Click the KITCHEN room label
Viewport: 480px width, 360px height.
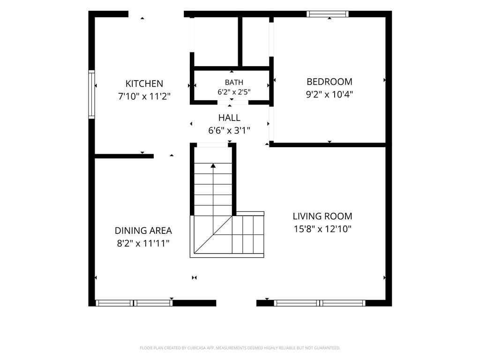tap(144, 83)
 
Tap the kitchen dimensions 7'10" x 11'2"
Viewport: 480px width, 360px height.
tap(144, 97)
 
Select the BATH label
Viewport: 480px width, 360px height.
tap(234, 82)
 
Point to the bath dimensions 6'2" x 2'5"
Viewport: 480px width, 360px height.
tap(234, 92)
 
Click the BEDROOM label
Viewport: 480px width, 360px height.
tap(330, 82)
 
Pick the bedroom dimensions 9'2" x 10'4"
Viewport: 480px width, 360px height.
tap(330, 94)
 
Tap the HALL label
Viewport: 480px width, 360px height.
tap(229, 118)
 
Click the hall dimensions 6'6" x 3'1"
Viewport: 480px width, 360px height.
tap(229, 131)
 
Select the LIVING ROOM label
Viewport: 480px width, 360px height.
tap(322, 216)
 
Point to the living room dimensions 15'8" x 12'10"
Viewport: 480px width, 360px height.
tap(322, 229)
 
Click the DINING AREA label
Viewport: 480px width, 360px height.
tap(143, 231)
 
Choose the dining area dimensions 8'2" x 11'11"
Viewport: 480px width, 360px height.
tap(143, 243)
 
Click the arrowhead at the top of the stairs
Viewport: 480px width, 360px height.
tap(213, 165)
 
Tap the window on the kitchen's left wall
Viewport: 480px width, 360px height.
tap(91, 94)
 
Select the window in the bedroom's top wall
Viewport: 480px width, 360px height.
tap(328, 14)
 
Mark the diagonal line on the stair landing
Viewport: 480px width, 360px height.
tap(213, 234)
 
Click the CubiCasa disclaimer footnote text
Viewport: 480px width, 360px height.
tap(240, 348)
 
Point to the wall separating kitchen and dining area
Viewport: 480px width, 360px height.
tap(124, 156)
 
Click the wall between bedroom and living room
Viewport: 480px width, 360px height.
tap(328, 145)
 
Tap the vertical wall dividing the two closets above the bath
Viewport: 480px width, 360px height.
tap(240, 42)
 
